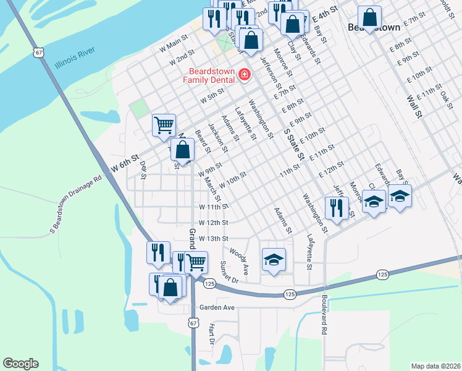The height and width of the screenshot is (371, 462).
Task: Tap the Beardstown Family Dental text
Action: (x=208, y=75)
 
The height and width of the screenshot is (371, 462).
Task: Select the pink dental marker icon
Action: (x=245, y=75)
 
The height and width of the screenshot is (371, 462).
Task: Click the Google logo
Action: (x=20, y=364)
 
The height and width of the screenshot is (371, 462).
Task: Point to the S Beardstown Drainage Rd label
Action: (x=75, y=203)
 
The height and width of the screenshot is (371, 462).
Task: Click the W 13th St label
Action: (x=214, y=239)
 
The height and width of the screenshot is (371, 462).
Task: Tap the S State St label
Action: (x=293, y=144)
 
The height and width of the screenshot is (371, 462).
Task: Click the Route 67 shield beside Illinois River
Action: (x=40, y=53)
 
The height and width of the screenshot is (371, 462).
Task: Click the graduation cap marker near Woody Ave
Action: (x=274, y=260)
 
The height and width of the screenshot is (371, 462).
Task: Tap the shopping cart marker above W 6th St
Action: (x=164, y=124)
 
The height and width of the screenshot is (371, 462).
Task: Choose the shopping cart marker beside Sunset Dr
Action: (x=196, y=262)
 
